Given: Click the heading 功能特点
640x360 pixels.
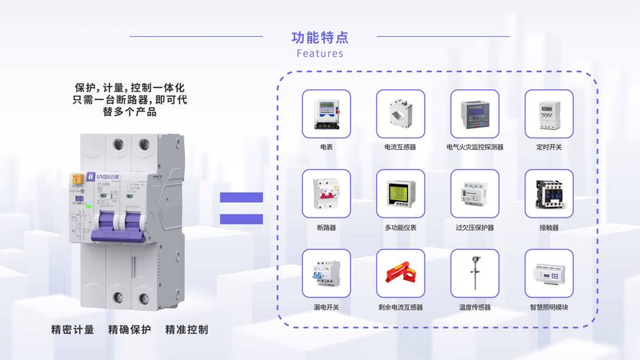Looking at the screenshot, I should click(320, 37).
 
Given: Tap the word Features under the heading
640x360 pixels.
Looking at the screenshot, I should click(320, 53).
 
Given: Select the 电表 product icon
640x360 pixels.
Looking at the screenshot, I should click(326, 114).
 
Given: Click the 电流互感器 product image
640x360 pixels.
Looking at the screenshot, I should click(400, 114).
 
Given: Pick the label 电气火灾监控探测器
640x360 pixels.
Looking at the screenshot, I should click(474, 147).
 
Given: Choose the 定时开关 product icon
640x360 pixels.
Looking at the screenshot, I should click(549, 114).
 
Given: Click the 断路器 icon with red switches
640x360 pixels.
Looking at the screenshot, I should click(326, 194).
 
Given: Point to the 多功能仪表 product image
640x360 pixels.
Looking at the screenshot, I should click(400, 194).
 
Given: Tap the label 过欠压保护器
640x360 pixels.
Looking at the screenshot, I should click(474, 228).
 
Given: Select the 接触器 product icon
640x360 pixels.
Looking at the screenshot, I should click(549, 194).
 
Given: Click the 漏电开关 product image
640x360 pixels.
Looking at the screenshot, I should click(326, 274).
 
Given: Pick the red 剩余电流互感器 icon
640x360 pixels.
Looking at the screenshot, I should click(400, 274).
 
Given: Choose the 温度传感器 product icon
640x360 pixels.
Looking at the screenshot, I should click(474, 274).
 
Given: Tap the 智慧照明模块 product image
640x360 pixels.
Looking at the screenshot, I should click(549, 274).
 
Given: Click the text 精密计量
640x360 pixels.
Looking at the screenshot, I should click(73, 330).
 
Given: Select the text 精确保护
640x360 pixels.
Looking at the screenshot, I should click(130, 330).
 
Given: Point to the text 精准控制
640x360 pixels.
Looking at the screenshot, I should click(186, 330).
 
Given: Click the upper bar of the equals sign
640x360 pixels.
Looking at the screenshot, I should click(241, 197).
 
